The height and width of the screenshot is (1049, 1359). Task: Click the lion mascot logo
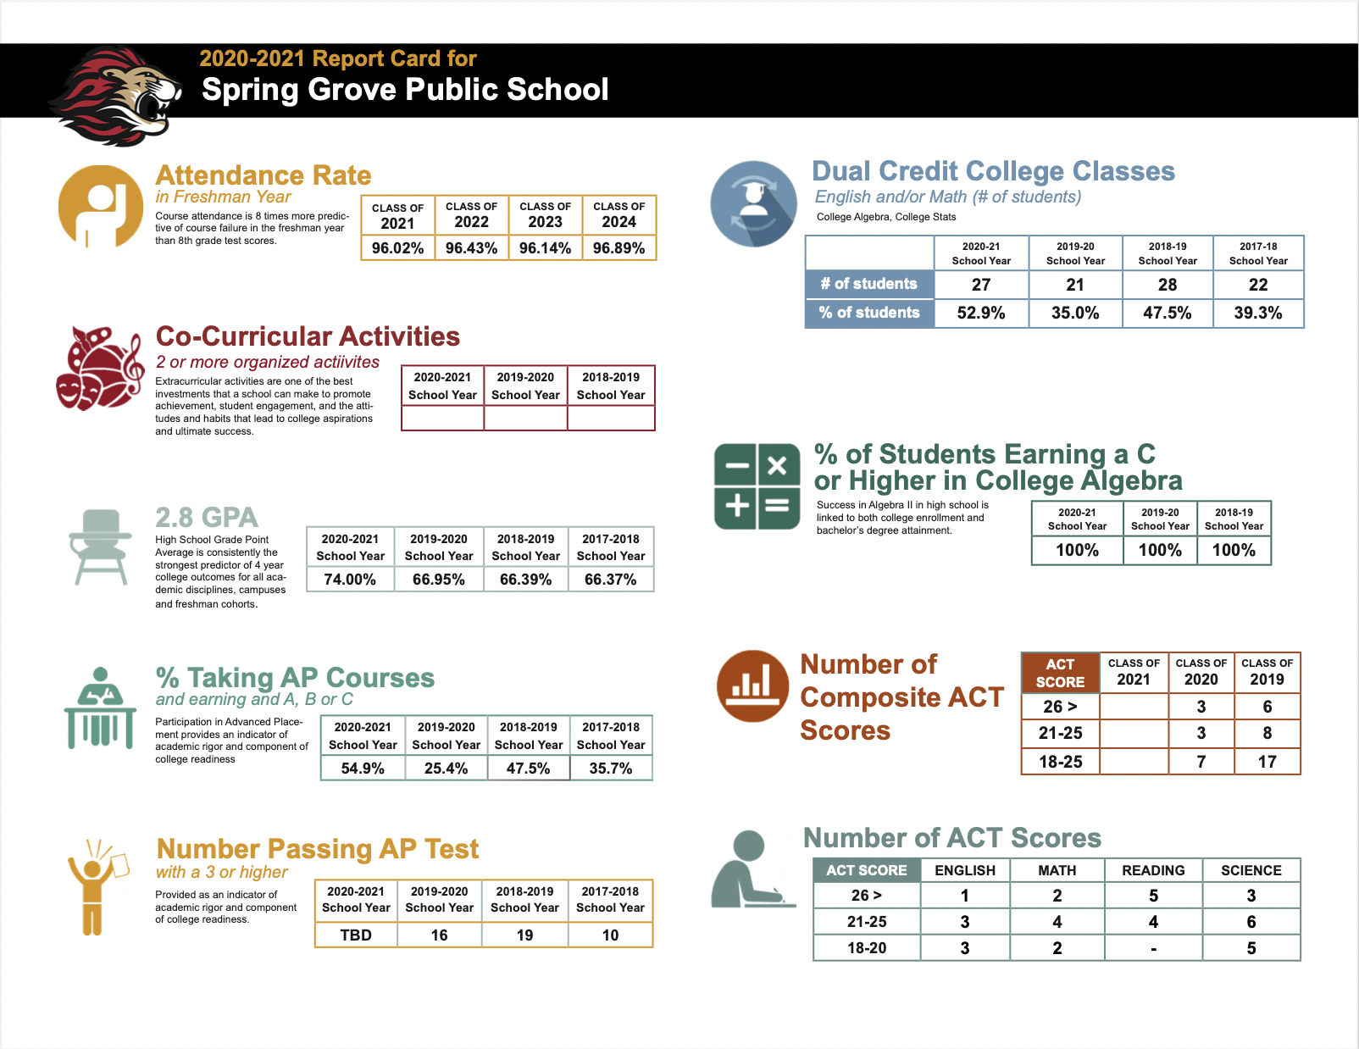point(116,95)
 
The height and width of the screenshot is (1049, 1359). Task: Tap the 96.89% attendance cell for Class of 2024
point(618,248)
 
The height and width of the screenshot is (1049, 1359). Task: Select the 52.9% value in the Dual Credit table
point(980,313)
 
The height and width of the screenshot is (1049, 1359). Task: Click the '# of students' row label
point(868,284)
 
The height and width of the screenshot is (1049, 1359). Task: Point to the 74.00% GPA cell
point(350,580)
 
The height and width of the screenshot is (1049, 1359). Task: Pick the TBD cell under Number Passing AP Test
point(356,935)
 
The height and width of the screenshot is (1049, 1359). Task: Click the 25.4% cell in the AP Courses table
point(446,769)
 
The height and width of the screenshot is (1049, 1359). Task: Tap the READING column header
point(1153,870)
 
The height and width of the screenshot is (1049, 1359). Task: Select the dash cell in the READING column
point(1153,948)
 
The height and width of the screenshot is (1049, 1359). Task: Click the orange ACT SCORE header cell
point(1060,673)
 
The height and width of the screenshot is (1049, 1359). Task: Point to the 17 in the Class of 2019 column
point(1267,762)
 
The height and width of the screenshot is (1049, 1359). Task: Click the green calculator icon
point(757,486)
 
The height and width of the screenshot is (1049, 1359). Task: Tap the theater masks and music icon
point(100,369)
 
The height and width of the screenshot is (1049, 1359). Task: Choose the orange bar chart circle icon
point(752,685)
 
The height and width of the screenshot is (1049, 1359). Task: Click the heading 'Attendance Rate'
point(263,175)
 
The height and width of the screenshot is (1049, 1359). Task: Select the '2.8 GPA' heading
point(207,518)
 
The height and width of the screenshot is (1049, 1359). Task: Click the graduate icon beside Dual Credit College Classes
point(753,204)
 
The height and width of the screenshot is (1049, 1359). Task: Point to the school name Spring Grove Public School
point(405,90)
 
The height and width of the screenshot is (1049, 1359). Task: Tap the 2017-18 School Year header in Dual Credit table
point(1258,253)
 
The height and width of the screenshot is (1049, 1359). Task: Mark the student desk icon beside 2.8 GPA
point(100,547)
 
